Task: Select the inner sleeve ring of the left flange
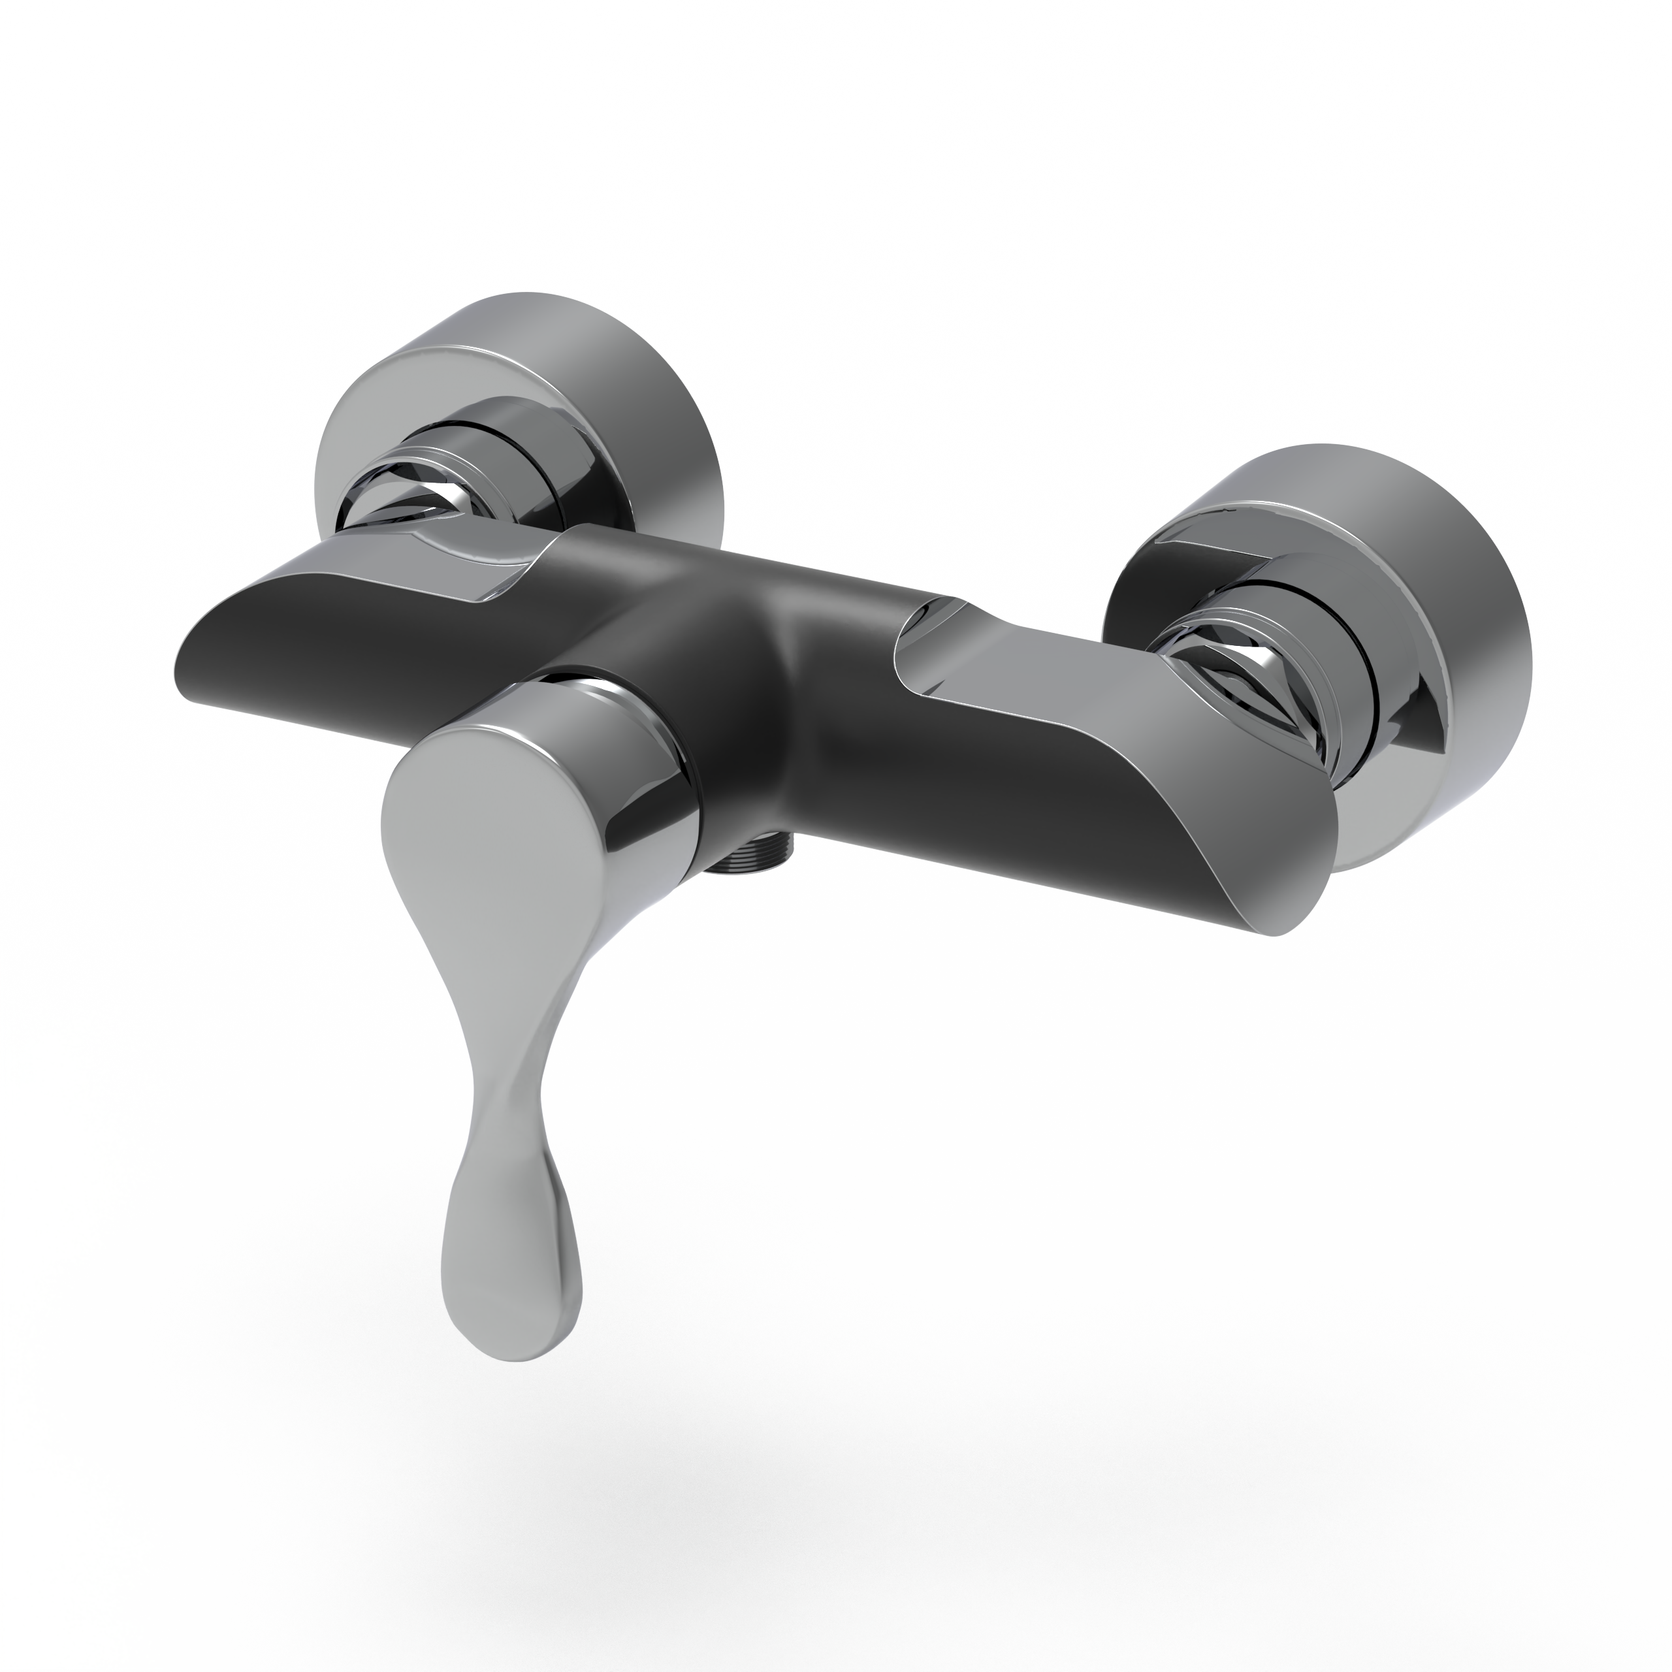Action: coord(511,442)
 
